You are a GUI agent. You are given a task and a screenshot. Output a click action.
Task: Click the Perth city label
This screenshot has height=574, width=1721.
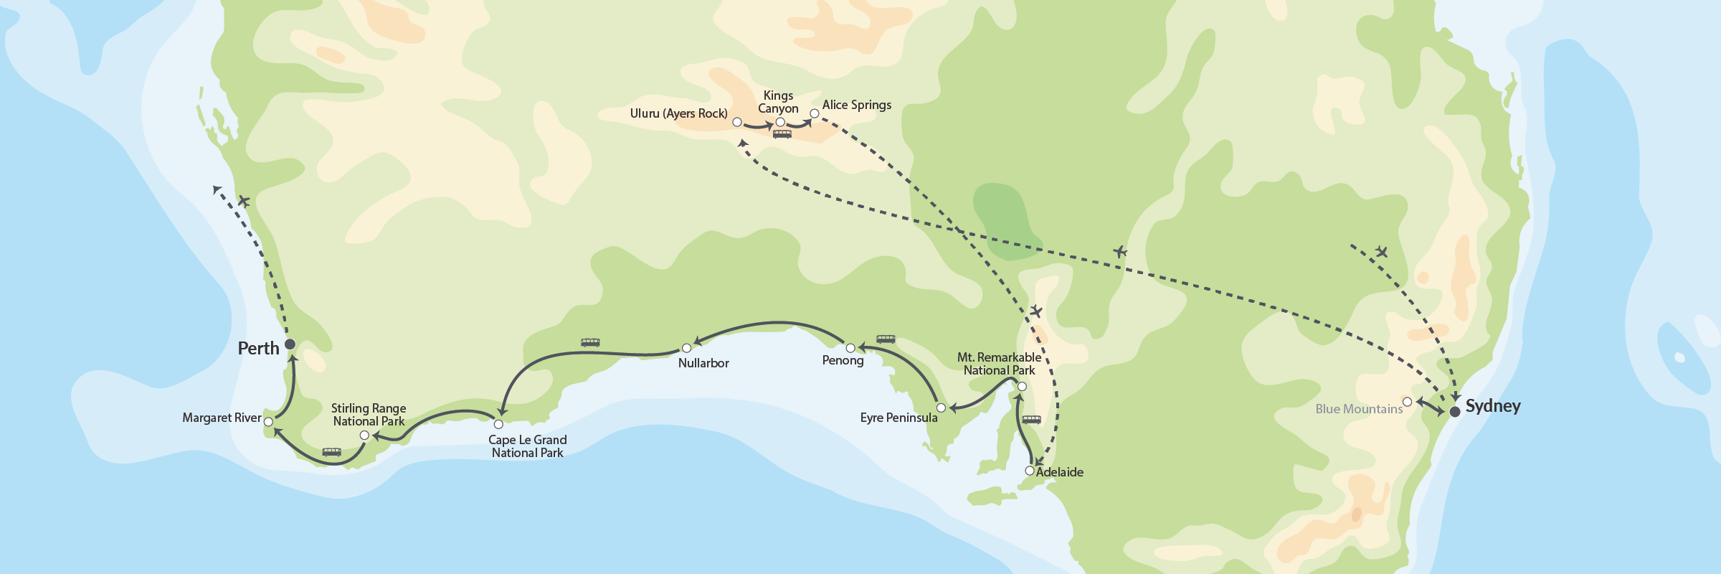point(258,349)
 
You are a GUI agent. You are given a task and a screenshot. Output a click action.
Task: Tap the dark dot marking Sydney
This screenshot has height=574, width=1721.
point(1455,412)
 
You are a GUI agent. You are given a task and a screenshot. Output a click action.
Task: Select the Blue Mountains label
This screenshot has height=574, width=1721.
point(1359,409)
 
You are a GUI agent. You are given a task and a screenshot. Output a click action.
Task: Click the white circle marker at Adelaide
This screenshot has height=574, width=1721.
point(1030,471)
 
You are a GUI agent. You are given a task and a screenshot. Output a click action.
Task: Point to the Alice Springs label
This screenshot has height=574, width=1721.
point(856,105)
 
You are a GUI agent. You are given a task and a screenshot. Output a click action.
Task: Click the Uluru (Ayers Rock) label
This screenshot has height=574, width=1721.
point(678,113)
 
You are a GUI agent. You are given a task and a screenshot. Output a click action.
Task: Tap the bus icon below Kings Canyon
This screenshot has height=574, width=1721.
point(782,134)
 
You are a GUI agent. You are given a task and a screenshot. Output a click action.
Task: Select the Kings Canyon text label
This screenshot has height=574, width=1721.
point(778,102)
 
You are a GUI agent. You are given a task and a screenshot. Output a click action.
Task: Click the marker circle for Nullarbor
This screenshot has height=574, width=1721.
point(686,348)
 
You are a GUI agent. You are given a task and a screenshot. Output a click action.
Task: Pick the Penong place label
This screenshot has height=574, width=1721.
point(843,360)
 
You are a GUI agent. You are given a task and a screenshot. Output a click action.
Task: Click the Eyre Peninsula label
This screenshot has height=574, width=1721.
point(899,418)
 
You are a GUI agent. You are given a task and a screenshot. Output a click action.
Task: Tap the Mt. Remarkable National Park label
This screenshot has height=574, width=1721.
point(999,364)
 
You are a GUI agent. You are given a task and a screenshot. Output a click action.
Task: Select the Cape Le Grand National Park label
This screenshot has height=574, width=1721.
point(527,446)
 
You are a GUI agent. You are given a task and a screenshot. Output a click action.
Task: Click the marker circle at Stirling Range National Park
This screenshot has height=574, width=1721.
point(364,436)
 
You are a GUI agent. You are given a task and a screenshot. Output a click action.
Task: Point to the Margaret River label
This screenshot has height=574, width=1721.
point(222,418)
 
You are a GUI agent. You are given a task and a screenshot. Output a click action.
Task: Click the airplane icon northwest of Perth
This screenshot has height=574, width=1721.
point(244,201)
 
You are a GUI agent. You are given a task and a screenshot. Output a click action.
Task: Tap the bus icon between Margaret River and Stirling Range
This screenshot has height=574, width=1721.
point(331,452)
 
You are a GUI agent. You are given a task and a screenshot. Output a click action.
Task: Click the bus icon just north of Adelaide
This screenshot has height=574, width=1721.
point(1031,420)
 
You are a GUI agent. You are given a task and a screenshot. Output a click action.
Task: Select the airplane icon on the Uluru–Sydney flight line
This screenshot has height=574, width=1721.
point(1120,251)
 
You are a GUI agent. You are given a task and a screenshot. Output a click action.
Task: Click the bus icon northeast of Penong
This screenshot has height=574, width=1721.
point(886,339)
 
